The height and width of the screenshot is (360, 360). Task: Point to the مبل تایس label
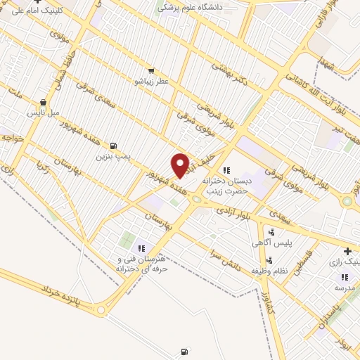point(44,112)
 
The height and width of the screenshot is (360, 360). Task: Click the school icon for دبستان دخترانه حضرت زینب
point(226,170)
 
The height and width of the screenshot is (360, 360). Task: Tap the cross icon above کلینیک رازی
point(347,251)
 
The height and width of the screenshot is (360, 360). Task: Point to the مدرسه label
point(345,288)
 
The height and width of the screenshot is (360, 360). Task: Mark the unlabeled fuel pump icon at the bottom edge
point(184,351)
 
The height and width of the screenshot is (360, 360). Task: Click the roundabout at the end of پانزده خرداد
point(103,310)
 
